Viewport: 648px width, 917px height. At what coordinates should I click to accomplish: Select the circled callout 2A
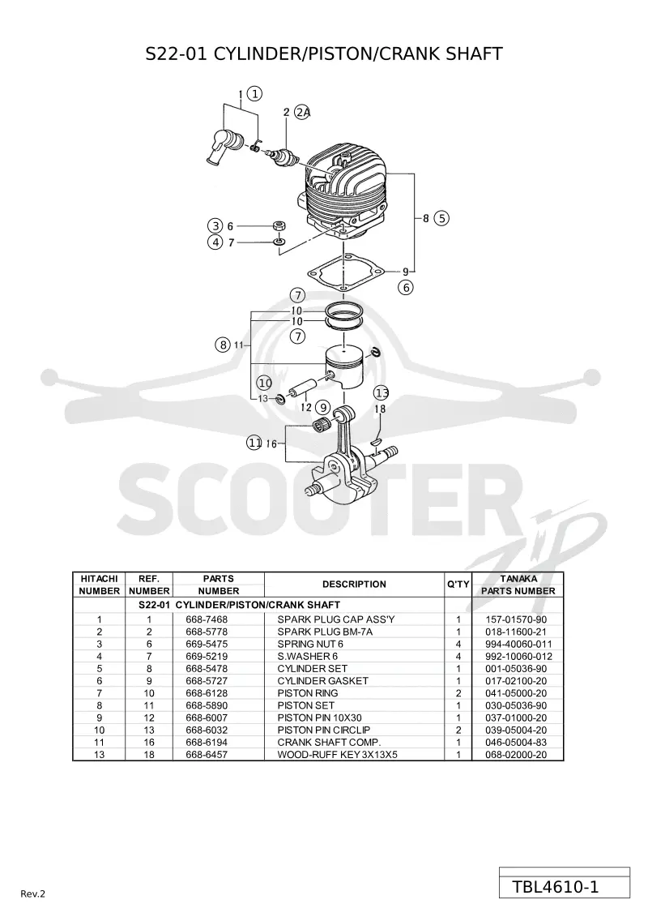point(302,112)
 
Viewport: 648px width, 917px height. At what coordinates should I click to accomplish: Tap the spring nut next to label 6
point(279,225)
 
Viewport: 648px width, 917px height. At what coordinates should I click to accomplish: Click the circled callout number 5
point(441,218)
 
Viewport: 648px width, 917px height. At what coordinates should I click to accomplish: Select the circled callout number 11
point(254,443)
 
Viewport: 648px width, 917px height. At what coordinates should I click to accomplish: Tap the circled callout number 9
point(322,408)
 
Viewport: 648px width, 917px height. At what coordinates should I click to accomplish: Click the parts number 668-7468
point(207,619)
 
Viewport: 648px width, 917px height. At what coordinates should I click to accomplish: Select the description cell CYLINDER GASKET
point(322,681)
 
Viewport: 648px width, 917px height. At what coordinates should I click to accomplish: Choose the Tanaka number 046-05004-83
point(516,742)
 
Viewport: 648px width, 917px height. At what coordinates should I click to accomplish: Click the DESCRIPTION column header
point(354,585)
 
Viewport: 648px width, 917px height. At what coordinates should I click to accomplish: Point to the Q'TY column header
point(458,585)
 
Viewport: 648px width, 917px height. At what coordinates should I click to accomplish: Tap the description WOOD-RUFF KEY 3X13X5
point(337,754)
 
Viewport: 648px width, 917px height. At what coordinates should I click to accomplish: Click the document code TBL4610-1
point(556,887)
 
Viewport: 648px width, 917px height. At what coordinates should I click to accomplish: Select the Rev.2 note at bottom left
point(32,893)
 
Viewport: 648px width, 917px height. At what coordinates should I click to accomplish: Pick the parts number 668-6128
point(207,693)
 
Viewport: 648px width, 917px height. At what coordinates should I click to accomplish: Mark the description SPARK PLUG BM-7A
point(325,632)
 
